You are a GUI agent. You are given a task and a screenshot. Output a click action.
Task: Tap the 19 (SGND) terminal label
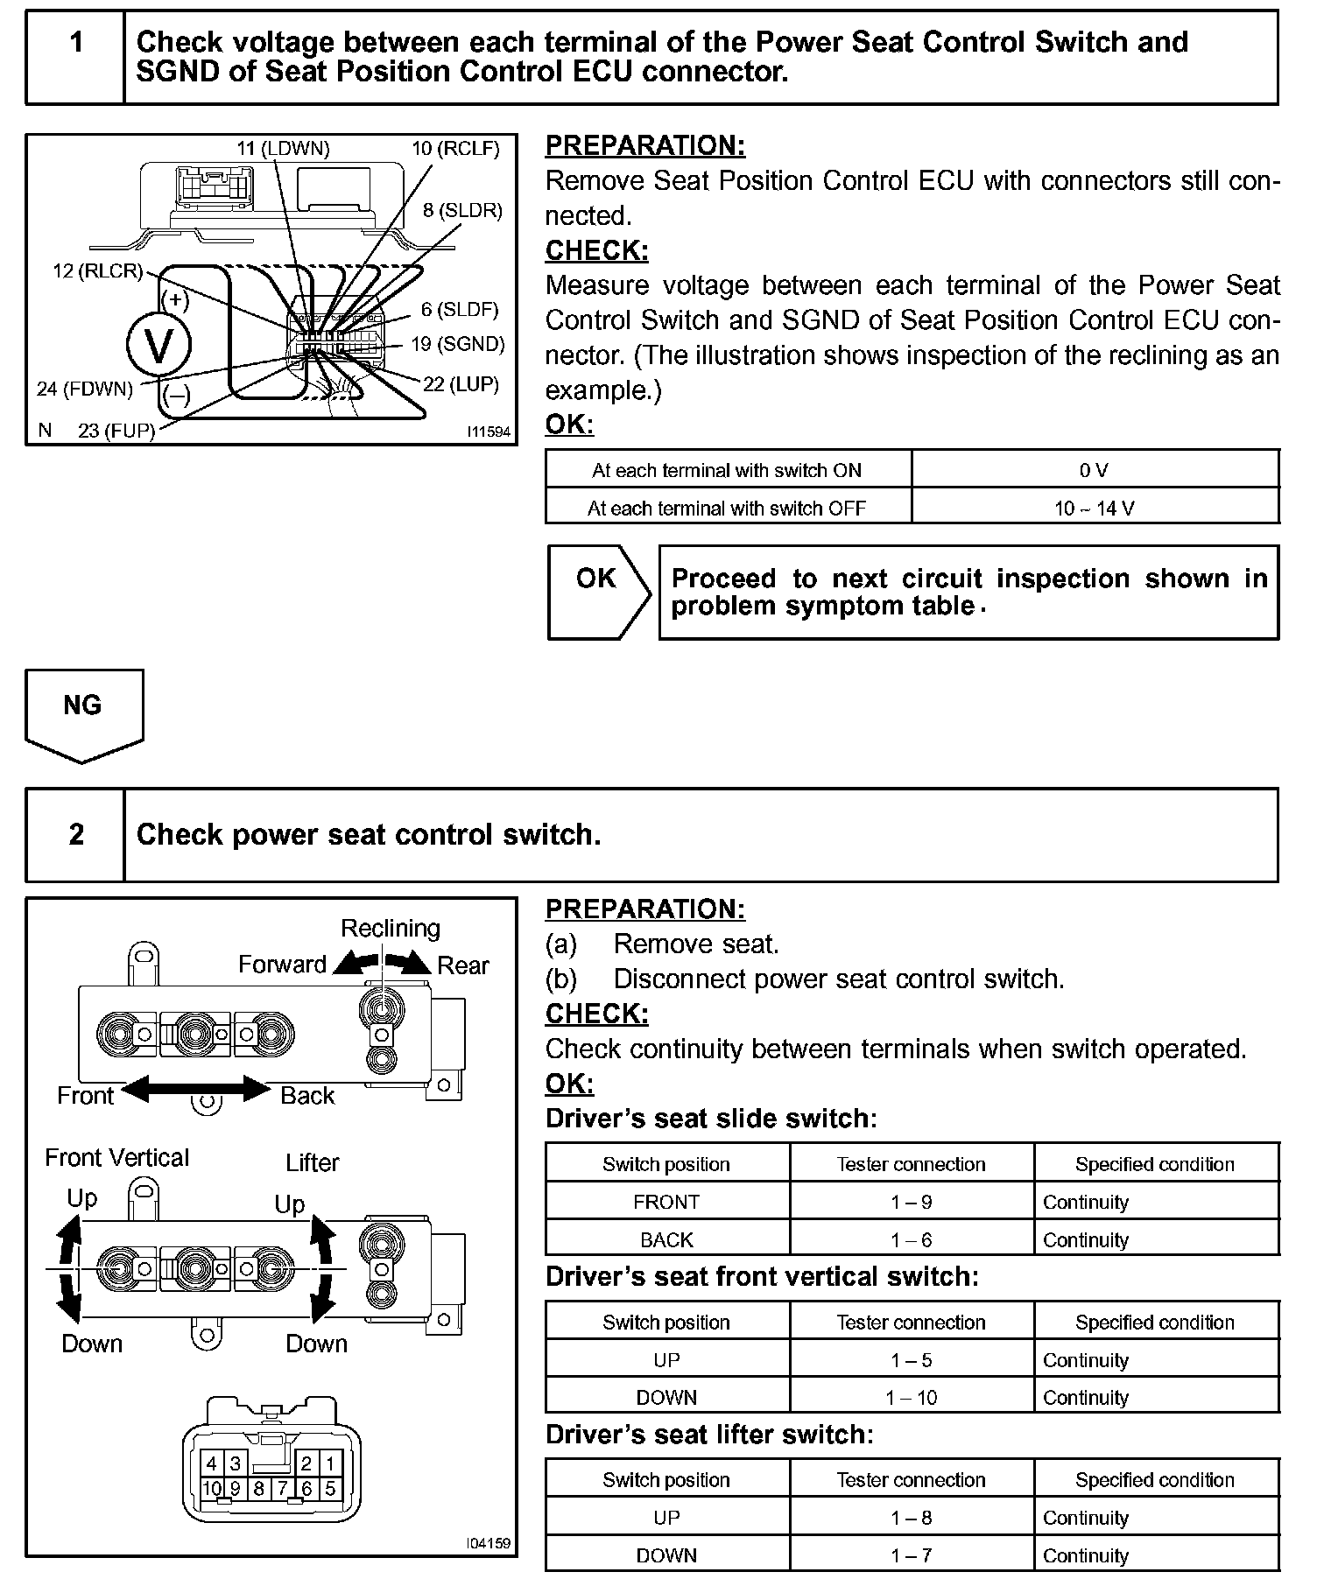(x=458, y=344)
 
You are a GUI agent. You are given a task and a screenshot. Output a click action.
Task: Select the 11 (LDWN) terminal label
(x=283, y=149)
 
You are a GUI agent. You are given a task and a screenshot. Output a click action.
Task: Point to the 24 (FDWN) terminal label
(x=85, y=389)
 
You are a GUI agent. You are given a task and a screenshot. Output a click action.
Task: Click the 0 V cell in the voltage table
(x=1094, y=471)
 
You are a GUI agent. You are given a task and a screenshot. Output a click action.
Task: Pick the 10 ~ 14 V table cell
(x=1094, y=509)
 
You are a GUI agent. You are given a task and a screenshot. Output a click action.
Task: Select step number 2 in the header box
(x=76, y=834)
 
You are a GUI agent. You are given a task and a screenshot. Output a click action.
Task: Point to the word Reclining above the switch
(x=391, y=928)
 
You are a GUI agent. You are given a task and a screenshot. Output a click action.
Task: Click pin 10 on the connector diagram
(x=212, y=1488)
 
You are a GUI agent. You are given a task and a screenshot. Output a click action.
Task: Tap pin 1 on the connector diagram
(x=329, y=1463)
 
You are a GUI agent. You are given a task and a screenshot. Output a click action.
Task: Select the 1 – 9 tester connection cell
(x=911, y=1203)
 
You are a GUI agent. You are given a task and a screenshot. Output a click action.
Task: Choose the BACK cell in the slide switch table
(x=666, y=1240)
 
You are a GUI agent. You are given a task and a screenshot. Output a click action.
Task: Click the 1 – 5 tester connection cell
(x=911, y=1360)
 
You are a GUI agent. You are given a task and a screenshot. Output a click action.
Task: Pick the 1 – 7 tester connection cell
(x=911, y=1555)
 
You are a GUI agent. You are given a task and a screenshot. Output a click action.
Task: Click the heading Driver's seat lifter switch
(x=709, y=1435)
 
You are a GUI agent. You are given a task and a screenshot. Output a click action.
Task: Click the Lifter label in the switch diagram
(x=313, y=1162)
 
